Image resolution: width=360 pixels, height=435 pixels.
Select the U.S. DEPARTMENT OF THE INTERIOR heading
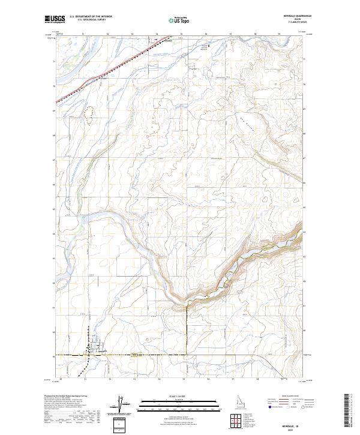click(x=91, y=17)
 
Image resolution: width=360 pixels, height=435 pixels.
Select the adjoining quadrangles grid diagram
click(x=235, y=421)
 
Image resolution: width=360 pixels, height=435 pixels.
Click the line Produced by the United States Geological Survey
click(x=66, y=397)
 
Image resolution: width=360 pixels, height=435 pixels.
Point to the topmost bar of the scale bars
click(x=171, y=400)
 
